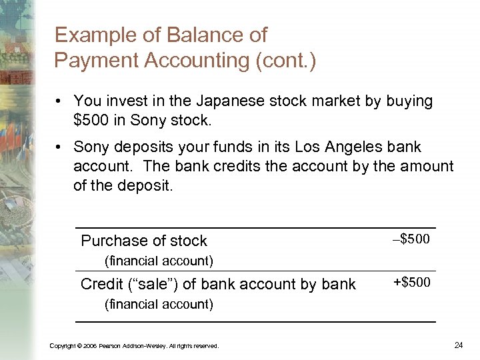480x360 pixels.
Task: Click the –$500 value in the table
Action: (411, 239)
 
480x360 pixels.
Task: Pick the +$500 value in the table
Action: (411, 283)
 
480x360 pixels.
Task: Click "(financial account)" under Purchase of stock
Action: (159, 260)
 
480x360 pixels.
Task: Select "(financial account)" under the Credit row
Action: (159, 305)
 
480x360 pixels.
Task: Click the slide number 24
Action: (458, 345)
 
